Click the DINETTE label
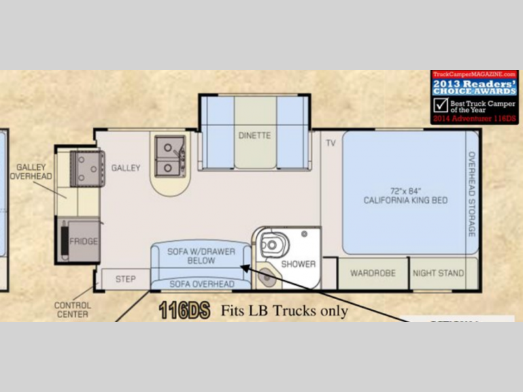pos(255,136)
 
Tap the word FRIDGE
pos(84,242)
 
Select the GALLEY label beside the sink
pos(126,168)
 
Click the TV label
pos(330,143)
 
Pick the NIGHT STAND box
pos(439,273)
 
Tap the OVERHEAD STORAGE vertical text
pos(471,194)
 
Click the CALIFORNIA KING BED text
pos(405,200)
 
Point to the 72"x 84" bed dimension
pos(405,189)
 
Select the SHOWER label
pos(298,265)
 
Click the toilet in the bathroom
pos(271,244)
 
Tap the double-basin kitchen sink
pos(170,157)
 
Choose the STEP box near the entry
pos(126,279)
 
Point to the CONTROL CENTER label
pos(73,310)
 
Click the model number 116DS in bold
pos(184,311)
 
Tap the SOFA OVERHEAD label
pos(201,284)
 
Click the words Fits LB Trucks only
pos(284,311)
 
